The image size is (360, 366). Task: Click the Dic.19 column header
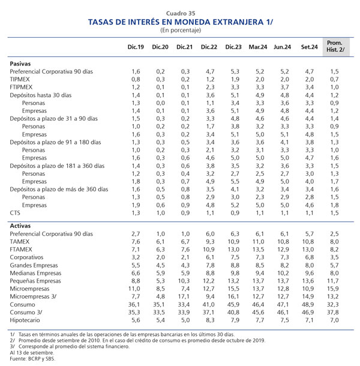click(136, 47)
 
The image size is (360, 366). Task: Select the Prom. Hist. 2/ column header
click(335, 46)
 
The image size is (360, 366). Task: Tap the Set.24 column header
click(310, 47)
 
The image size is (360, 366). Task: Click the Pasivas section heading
click(20, 64)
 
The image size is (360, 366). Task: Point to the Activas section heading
click(20, 226)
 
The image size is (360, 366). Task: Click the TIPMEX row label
click(20, 79)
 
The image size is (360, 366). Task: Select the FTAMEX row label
click(21, 250)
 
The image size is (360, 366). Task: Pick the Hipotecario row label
click(25, 320)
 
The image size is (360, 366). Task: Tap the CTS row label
click(15, 213)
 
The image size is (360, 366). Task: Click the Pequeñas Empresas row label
click(35, 281)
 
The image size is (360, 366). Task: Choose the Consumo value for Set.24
click(308, 305)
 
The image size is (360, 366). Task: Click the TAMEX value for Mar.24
click(258, 242)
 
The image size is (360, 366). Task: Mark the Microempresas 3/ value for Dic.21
click(184, 296)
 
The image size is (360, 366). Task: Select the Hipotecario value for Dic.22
click(210, 320)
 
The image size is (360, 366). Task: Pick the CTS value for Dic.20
click(160, 213)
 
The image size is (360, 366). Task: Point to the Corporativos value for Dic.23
click(235, 257)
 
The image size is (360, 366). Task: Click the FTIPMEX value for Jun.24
click(284, 87)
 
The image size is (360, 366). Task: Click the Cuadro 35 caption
click(181, 13)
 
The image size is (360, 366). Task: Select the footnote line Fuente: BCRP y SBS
click(32, 359)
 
